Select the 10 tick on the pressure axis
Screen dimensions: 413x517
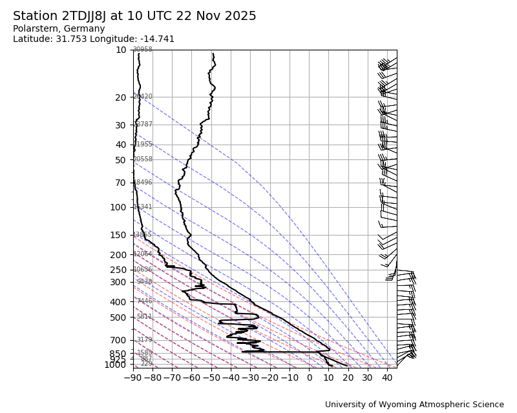pyautogui.click(x=121, y=50)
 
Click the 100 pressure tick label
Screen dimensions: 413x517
pyautogui.click(x=118, y=207)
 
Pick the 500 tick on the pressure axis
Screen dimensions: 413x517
pyautogui.click(x=118, y=317)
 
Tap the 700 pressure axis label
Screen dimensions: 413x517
pyautogui.click(x=118, y=340)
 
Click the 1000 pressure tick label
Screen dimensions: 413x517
pyautogui.click(x=114, y=365)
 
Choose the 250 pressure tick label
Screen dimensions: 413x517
pyautogui.click(x=118, y=270)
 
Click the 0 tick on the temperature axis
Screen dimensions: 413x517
pyautogui.click(x=309, y=378)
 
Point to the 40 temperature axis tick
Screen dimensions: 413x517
pyautogui.click(x=387, y=378)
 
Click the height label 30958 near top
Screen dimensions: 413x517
pyautogui.click(x=142, y=50)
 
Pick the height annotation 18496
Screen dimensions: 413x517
pyautogui.click(x=142, y=183)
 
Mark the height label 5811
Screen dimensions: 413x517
pyautogui.click(x=144, y=317)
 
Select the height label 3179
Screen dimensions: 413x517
pyautogui.click(x=144, y=340)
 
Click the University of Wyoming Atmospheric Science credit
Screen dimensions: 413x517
pyautogui.click(x=414, y=405)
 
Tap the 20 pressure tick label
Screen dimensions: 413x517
pyautogui.click(x=121, y=97)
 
